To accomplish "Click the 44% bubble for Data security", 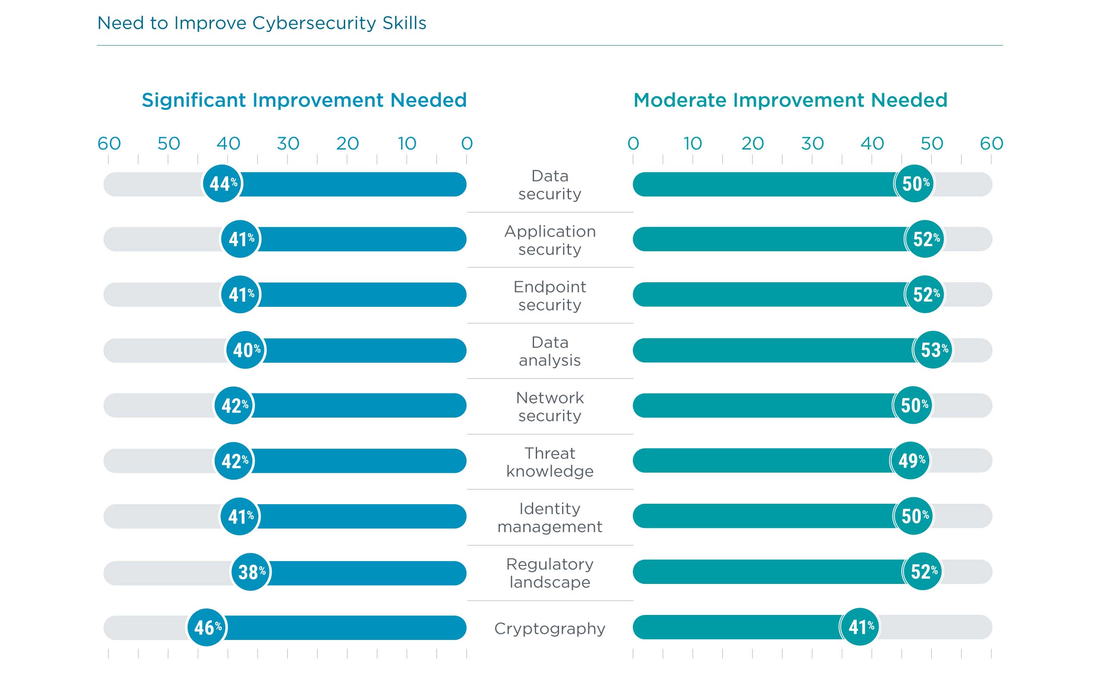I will pos(222,184).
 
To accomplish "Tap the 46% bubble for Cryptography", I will pos(207,627).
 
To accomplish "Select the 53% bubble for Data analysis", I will pos(933,349).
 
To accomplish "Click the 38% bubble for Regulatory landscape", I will pos(251,572).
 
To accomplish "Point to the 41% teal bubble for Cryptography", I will pos(860,627).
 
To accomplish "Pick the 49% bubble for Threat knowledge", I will pos(911,460).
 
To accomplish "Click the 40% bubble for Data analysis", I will pos(245,349).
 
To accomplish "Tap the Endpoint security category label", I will pos(550,296).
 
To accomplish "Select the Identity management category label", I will pos(550,518).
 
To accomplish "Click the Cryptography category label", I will pos(550,629).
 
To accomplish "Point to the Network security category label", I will pos(550,406).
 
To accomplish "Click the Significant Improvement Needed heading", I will pos(304,100).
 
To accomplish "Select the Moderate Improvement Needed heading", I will pos(790,100).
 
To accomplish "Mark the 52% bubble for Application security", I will pos(925,239).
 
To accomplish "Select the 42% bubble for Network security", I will pos(234,405).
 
